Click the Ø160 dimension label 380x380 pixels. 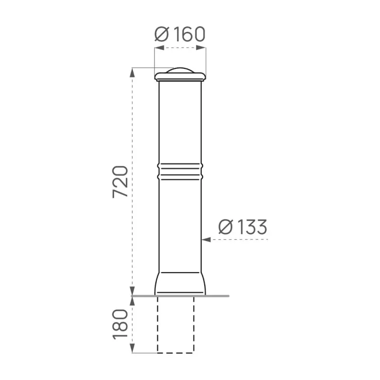[180, 34]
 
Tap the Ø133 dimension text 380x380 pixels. [243, 227]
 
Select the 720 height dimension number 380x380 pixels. [120, 182]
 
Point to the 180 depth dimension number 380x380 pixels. [120, 324]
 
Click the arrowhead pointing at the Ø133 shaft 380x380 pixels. [206, 239]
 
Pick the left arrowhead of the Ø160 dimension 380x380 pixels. [159, 48]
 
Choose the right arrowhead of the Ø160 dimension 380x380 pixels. [201, 48]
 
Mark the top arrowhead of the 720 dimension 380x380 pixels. [132, 73]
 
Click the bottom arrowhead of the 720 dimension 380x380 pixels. [132, 291]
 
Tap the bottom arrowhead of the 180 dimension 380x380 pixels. [132, 348]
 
